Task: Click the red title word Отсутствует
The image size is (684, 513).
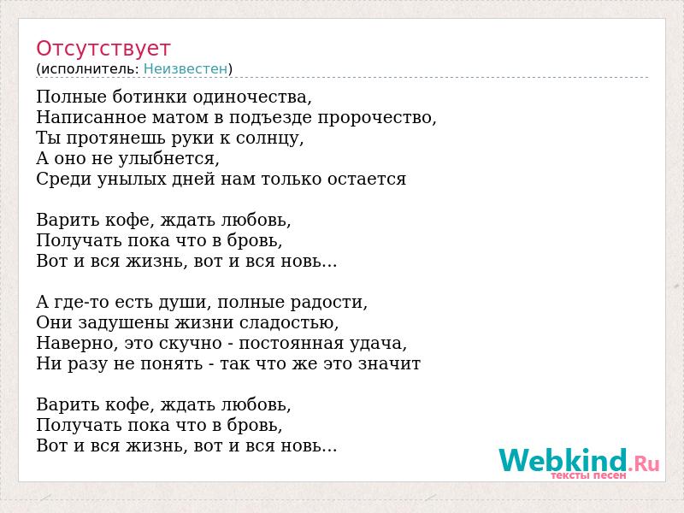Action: (x=103, y=48)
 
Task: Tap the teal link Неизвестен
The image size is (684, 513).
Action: (x=186, y=68)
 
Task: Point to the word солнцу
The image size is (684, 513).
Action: (x=269, y=139)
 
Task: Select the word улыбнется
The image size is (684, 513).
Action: (x=168, y=159)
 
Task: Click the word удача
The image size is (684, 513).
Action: (x=378, y=344)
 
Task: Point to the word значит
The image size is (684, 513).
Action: (x=389, y=364)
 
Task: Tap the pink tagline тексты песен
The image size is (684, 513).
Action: (x=588, y=475)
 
